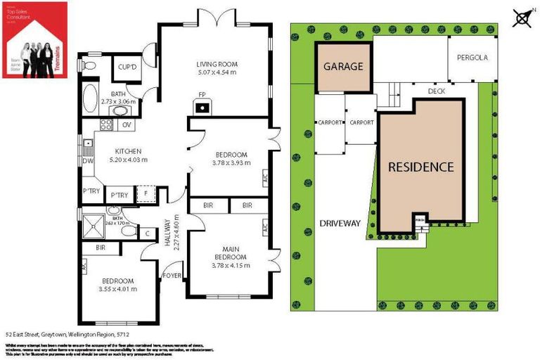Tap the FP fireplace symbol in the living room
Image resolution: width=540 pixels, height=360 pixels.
point(202,108)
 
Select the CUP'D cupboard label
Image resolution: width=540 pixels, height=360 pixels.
point(127,67)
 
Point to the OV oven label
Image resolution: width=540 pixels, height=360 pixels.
point(127,124)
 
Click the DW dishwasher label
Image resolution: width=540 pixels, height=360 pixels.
point(86,160)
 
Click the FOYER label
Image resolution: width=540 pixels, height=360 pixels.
point(172,275)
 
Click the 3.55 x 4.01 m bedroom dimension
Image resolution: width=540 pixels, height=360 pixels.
point(117,288)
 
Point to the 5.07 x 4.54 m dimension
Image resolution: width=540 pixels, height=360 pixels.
point(216,72)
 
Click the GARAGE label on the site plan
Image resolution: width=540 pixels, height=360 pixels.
point(342,67)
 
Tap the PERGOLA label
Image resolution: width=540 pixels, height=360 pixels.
point(472,58)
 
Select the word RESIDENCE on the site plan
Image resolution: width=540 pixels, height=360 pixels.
point(421,167)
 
